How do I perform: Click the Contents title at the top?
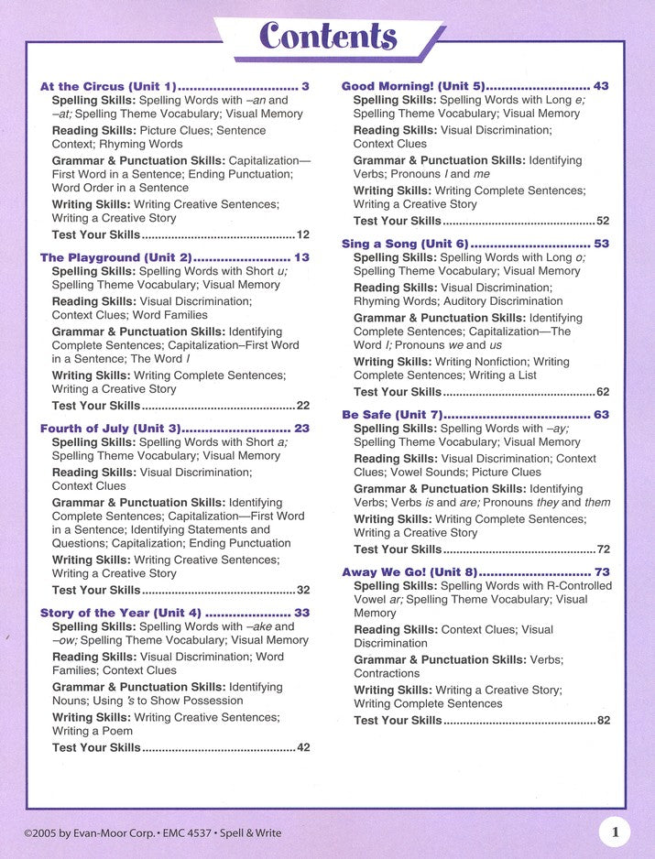click(328, 37)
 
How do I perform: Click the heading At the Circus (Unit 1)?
click(108, 86)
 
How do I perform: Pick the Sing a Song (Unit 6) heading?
click(404, 244)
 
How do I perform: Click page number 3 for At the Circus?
click(305, 86)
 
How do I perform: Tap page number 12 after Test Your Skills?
click(302, 234)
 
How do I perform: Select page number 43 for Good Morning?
click(601, 86)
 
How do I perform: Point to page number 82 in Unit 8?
click(603, 721)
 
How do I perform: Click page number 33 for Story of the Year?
click(301, 613)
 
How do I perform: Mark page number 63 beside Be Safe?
click(601, 415)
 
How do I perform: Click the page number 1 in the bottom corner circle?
click(615, 832)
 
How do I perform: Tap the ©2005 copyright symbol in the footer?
click(29, 833)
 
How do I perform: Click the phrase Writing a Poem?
click(93, 731)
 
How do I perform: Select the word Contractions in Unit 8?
click(387, 673)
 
